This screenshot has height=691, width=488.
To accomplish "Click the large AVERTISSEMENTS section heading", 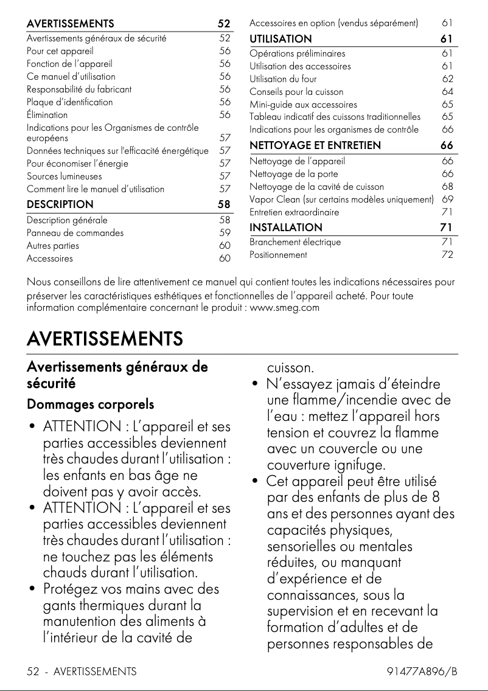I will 105,338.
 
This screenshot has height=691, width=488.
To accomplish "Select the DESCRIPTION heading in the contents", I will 60,204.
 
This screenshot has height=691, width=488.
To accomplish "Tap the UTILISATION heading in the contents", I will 281,39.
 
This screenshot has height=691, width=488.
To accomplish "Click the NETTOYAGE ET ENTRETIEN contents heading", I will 315,145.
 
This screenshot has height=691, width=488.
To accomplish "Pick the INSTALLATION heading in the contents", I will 286,227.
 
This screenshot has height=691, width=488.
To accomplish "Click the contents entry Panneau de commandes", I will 75,233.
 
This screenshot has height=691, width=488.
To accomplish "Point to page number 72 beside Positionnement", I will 447,255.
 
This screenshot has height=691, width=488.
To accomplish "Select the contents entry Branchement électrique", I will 295,242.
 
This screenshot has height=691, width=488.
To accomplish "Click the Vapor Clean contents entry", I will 341,200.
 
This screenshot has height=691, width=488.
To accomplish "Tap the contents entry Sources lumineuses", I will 60,176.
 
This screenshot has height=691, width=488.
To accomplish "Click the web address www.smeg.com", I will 285,307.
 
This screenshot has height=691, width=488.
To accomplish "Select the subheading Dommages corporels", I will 90,405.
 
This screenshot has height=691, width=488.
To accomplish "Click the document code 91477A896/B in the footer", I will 422,672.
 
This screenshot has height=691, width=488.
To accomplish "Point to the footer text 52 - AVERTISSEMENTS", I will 82,672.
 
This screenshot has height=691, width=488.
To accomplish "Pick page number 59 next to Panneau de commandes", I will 225,233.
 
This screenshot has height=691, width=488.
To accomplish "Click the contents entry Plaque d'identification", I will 69,102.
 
